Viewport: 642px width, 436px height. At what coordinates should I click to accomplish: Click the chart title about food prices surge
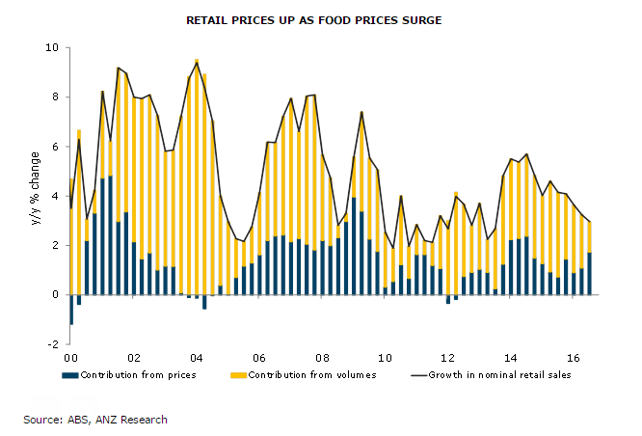coord(321,19)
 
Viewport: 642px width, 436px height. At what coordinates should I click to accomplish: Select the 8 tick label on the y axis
coord(55,96)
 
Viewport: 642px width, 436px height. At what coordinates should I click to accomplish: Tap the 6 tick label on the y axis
coord(55,147)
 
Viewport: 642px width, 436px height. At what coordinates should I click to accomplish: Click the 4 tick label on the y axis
coord(55,196)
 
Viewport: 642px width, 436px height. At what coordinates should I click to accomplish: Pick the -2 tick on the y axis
coord(53,343)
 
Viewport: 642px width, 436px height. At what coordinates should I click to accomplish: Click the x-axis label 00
coord(70,356)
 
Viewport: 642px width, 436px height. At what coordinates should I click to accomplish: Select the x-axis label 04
coord(197,356)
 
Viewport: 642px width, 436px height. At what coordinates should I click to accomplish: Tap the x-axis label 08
coord(323,356)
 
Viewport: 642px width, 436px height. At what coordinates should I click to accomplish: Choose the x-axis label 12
coord(449,356)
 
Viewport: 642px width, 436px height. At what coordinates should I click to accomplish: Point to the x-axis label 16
coord(575,356)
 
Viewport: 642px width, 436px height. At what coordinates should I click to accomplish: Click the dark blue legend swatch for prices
coord(72,374)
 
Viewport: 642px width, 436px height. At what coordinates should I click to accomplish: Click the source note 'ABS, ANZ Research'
coord(95,420)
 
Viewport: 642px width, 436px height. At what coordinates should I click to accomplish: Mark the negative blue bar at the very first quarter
coord(70,310)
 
